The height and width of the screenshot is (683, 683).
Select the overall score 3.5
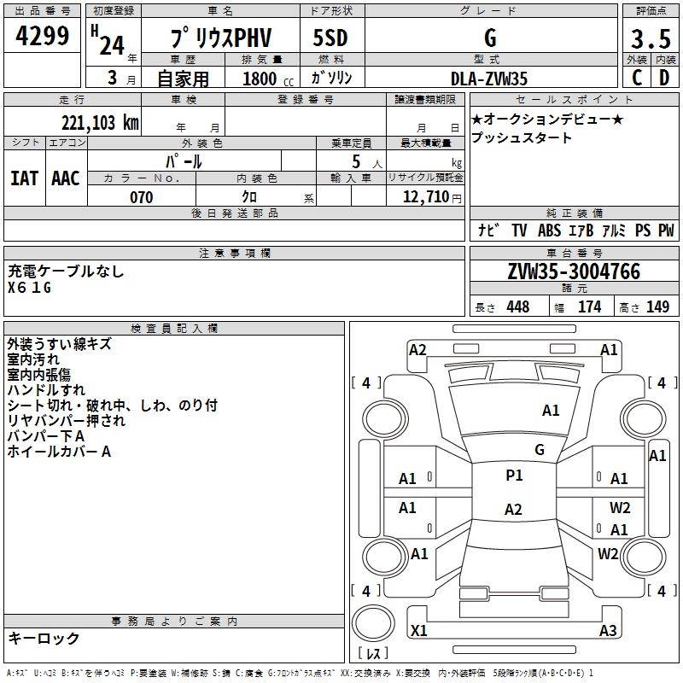coord(649,39)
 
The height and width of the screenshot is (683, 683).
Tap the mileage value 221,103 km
coord(99,122)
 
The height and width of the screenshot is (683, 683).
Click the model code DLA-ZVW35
coord(489,79)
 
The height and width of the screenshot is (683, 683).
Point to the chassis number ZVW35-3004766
coord(574,271)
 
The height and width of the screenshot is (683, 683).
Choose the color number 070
coord(141,197)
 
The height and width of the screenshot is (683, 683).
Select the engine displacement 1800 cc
coord(260,79)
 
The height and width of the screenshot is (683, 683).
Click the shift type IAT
coord(24,178)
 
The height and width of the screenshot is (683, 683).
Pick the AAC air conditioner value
coord(66,178)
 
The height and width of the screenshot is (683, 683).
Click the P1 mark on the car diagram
coord(514,476)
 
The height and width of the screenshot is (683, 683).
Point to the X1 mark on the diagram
coord(418,631)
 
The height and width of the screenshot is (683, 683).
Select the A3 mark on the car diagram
coord(608,631)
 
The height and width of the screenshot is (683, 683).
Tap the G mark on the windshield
coord(539,449)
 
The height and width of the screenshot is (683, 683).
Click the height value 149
coord(657,307)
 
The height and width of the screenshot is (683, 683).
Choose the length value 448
coord(517,307)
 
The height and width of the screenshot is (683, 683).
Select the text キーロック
coord(44,639)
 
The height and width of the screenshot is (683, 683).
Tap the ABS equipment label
coord(549,231)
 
